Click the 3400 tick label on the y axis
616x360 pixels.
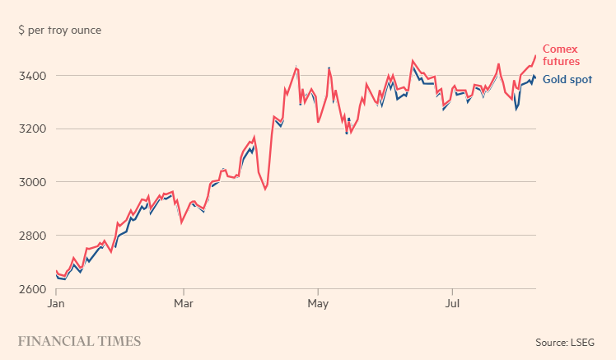[32, 76]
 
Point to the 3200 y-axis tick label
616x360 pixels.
[32, 129]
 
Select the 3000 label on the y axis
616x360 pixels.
[32, 182]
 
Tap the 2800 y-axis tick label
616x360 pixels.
[32, 236]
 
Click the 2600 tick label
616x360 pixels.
[32, 289]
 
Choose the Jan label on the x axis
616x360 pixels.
[56, 303]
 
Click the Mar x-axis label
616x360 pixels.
[184, 303]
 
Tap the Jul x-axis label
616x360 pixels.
[452, 303]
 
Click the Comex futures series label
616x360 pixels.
[561, 54]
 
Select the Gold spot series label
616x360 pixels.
[567, 79]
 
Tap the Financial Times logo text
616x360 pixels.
[79, 341]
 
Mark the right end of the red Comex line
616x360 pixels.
[535, 56]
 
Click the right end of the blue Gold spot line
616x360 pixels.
[535, 78]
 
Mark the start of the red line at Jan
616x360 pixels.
[56, 271]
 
